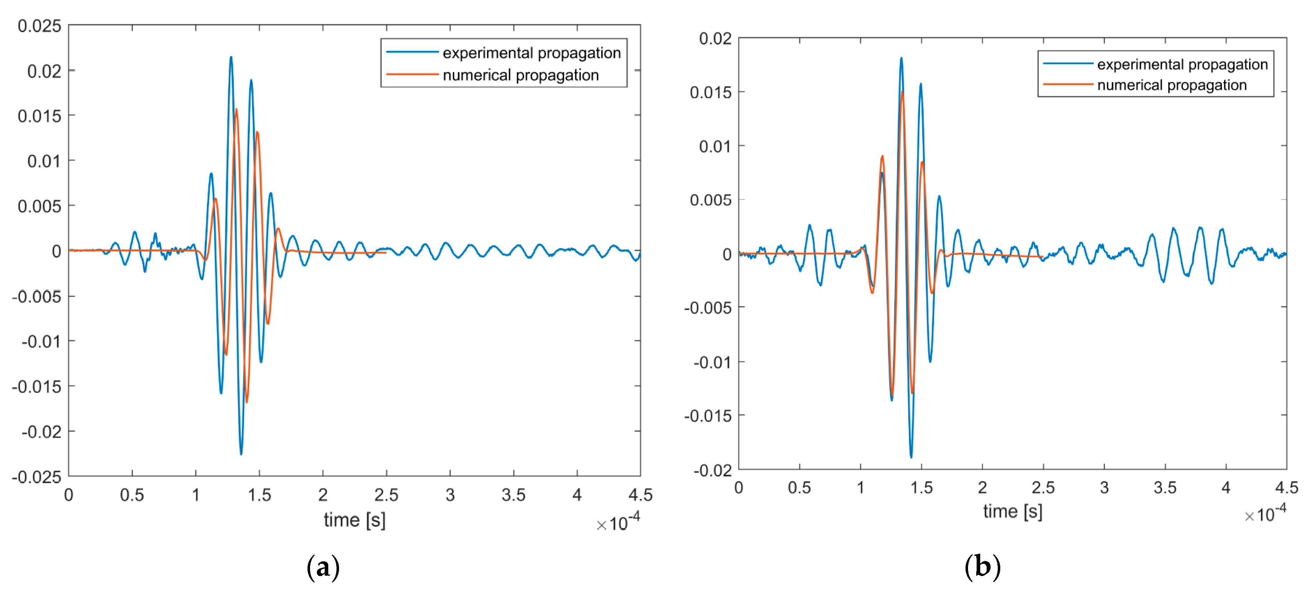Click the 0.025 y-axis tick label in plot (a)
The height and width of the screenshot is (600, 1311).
click(x=39, y=26)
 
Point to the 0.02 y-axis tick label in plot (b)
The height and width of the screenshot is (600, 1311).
click(x=715, y=38)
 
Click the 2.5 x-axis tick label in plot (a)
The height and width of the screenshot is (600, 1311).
click(x=386, y=495)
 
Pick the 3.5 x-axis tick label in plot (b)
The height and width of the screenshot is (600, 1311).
click(x=1165, y=488)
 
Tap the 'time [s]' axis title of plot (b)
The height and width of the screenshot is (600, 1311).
click(x=1012, y=511)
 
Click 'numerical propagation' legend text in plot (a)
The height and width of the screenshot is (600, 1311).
click(x=520, y=75)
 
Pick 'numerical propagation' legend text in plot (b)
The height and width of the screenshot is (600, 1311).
click(x=1171, y=85)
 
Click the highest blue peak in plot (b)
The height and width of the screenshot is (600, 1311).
click(x=901, y=58)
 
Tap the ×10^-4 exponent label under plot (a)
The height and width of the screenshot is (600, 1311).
click(x=618, y=522)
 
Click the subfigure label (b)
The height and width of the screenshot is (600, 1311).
click(x=982, y=566)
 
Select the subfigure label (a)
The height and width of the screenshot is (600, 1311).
click(x=323, y=566)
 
